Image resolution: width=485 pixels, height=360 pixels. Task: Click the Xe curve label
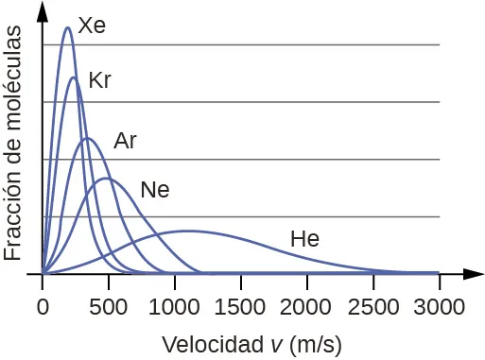pyautogui.click(x=92, y=26)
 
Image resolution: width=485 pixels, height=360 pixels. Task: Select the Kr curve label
pyautogui.click(x=99, y=80)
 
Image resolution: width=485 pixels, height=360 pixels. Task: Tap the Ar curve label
pyautogui.click(x=126, y=142)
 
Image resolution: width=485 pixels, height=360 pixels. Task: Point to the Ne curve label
pyautogui.click(x=154, y=190)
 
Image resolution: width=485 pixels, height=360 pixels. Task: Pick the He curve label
pyautogui.click(x=304, y=239)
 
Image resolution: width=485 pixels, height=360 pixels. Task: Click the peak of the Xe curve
pyautogui.click(x=67, y=27)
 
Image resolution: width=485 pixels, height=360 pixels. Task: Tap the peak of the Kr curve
pyautogui.click(x=75, y=78)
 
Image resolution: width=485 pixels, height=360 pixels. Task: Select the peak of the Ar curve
pyautogui.click(x=87, y=139)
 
